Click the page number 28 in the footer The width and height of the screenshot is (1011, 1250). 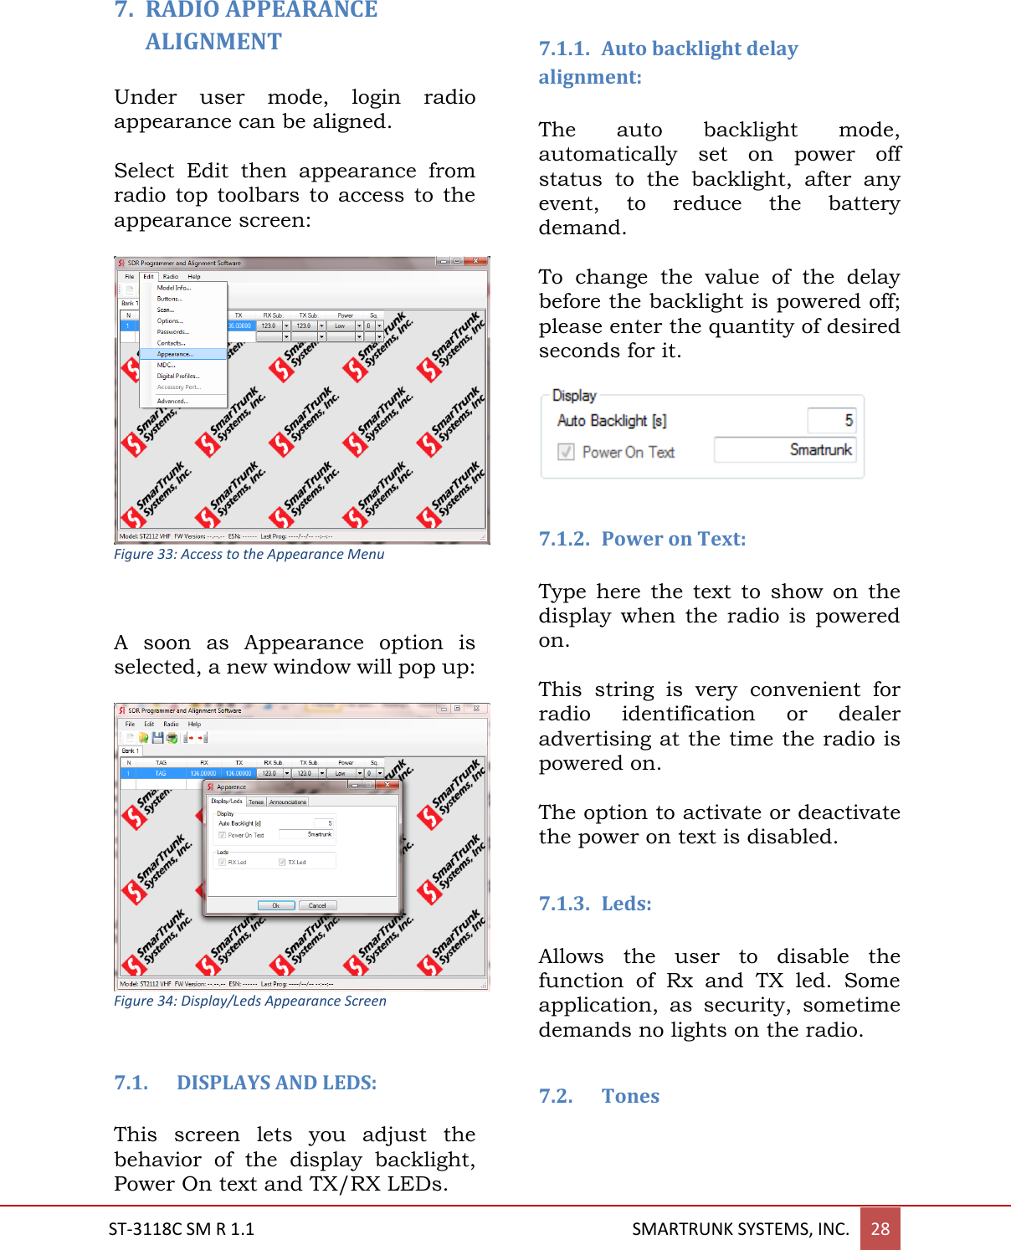[x=880, y=1228]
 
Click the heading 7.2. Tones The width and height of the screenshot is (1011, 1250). [x=598, y=1096]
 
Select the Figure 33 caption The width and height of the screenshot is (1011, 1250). [x=249, y=554]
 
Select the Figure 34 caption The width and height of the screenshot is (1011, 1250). [x=249, y=1001]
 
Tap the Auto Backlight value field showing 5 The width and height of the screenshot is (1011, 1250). [x=831, y=420]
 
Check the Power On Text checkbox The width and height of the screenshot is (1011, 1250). [x=567, y=452]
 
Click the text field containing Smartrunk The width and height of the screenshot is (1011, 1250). [x=784, y=450]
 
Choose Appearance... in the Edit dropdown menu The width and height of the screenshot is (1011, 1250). [x=175, y=354]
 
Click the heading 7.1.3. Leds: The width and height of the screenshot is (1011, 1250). [x=594, y=904]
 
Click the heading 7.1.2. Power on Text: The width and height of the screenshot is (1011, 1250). [x=642, y=539]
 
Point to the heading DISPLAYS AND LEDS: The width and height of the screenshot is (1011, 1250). [x=276, y=1083]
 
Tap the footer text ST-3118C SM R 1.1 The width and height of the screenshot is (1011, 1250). [x=181, y=1228]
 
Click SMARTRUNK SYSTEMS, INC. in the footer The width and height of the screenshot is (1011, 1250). [x=740, y=1228]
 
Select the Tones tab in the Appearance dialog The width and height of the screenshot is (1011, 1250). [x=256, y=802]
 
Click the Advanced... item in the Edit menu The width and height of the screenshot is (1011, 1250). [x=172, y=401]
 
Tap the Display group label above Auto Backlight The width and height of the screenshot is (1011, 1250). [x=574, y=396]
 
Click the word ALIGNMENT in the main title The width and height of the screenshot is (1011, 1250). [x=213, y=42]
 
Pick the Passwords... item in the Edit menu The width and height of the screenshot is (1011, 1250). [x=172, y=331]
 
